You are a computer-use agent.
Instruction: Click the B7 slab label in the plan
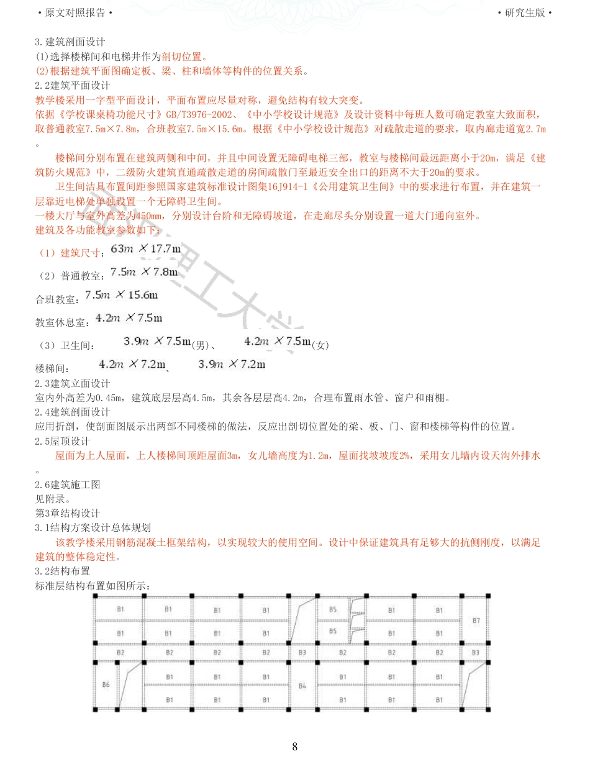click(476, 621)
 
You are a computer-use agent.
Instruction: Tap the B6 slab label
click(106, 684)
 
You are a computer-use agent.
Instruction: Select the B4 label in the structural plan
click(302, 686)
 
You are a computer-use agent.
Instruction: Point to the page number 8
click(295, 747)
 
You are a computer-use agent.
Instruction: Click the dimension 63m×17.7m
click(145, 249)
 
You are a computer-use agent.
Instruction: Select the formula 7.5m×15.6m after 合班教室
click(122, 294)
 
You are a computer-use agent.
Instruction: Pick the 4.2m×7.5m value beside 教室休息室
click(129, 318)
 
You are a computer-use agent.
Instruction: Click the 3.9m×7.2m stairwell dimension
click(232, 364)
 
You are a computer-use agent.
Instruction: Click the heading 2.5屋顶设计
click(63, 441)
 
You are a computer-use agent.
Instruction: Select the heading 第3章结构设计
click(68, 513)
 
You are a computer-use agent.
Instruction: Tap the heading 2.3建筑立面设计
click(73, 383)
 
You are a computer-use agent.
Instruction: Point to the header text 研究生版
click(525, 12)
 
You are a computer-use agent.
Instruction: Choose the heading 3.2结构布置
click(63, 571)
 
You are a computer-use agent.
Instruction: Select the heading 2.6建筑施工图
click(68, 484)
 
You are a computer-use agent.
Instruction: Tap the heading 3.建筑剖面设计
click(70, 42)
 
